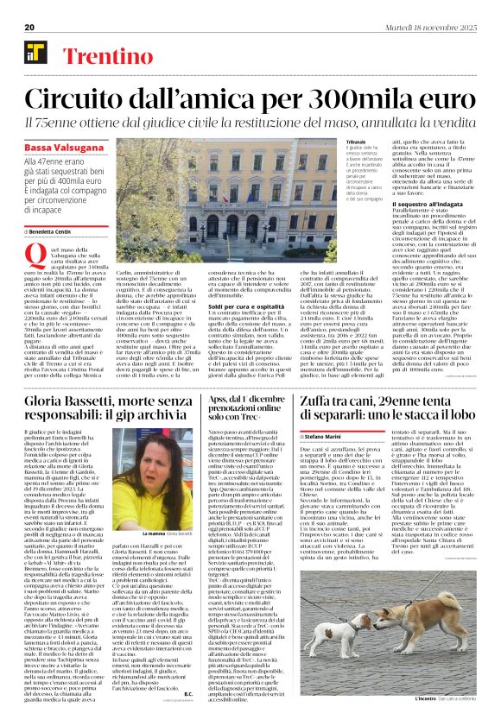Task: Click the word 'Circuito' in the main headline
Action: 81,96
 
